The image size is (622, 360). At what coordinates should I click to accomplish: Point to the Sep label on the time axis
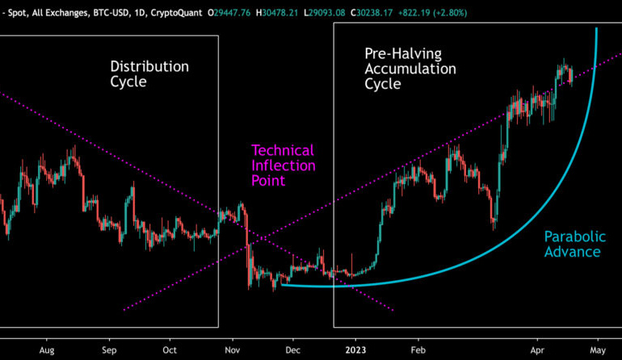tap(110, 351)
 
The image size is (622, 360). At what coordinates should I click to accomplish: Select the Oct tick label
tap(170, 351)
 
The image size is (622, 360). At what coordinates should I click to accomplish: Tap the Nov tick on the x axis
tap(233, 351)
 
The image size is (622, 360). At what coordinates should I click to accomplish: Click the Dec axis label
tap(292, 351)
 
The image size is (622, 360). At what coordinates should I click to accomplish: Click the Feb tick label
tap(418, 351)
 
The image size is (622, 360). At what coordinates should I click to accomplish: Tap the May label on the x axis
tap(597, 351)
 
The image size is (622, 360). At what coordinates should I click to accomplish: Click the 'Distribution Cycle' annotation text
tap(149, 74)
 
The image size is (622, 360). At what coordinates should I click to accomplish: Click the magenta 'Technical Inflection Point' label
tap(282, 165)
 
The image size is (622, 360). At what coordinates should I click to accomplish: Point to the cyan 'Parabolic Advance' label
tap(572, 244)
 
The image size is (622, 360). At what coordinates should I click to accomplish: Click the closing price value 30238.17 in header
tap(347, 12)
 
